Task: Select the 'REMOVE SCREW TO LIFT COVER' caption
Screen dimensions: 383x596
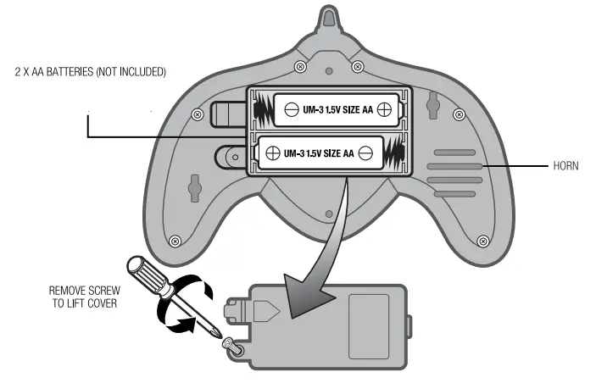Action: pyautogui.click(x=82, y=296)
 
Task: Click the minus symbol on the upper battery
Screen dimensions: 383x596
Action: pyautogui.click(x=291, y=108)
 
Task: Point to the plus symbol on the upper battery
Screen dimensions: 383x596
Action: pyautogui.click(x=384, y=108)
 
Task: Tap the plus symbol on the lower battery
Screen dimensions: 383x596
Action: pyautogui.click(x=273, y=153)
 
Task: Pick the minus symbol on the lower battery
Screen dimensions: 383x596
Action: pyautogui.click(x=365, y=153)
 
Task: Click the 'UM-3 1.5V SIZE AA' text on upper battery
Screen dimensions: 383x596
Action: pyautogui.click(x=337, y=108)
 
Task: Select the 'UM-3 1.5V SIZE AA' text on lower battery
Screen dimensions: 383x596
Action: pyautogui.click(x=319, y=153)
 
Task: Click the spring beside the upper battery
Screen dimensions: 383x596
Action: pyautogui.click(x=263, y=109)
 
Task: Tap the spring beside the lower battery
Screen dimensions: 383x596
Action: pyautogui.click(x=393, y=154)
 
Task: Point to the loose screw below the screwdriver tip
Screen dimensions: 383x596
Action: pyautogui.click(x=228, y=343)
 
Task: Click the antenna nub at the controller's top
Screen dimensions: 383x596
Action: pyautogui.click(x=329, y=19)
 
